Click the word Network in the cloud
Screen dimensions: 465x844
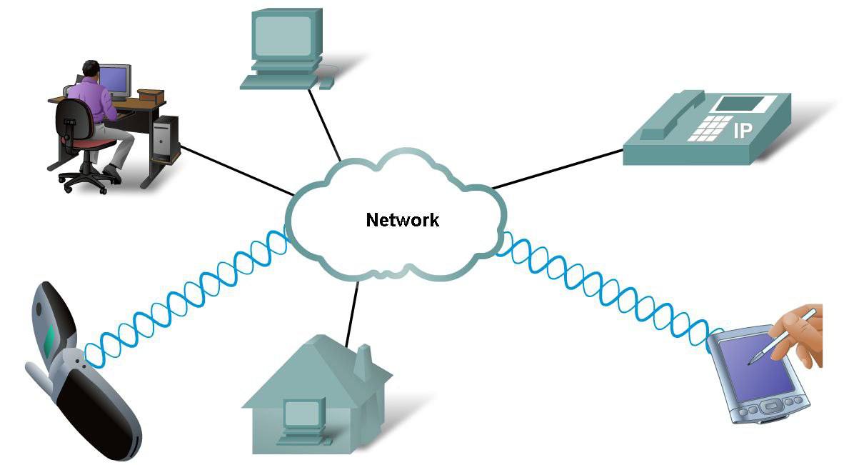click(x=402, y=219)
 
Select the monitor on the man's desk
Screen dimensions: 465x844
click(x=115, y=80)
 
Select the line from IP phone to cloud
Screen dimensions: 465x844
click(x=557, y=170)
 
